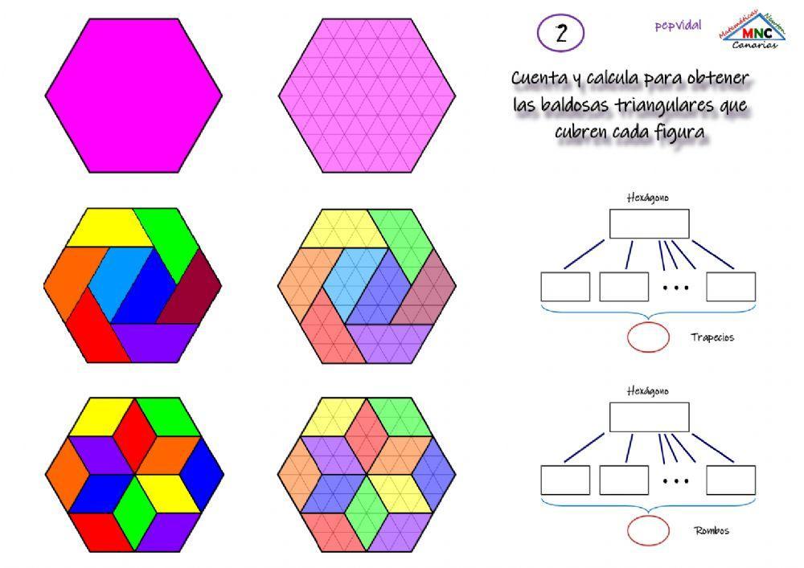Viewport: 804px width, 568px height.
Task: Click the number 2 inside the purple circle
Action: tap(560, 34)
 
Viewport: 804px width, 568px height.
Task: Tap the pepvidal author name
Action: tap(677, 26)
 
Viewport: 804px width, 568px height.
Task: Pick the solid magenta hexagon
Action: tap(133, 95)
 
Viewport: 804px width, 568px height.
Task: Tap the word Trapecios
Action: tap(712, 337)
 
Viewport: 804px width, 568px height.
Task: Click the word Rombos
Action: tap(712, 531)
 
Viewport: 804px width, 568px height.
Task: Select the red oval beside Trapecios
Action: tap(648, 337)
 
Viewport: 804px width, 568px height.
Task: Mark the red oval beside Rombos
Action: tap(648, 531)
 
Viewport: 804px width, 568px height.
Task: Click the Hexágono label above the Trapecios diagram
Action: tap(648, 198)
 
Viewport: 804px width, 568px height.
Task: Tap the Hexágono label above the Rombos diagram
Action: tap(648, 391)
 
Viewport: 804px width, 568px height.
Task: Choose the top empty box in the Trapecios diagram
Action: tap(649, 224)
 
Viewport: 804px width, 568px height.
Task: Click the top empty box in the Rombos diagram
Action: tap(649, 417)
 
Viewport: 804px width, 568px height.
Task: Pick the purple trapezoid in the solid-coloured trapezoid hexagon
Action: tap(157, 341)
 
